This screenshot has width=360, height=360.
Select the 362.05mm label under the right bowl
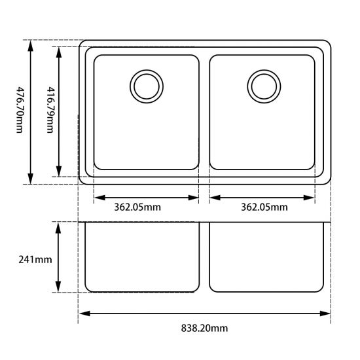point(264,208)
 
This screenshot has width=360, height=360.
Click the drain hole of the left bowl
point(145,85)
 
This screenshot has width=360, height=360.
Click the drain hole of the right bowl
point(264,85)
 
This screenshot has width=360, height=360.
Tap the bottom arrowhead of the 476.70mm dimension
point(30,180)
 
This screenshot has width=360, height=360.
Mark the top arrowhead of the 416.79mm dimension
point(59,51)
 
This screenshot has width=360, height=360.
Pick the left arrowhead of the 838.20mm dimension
point(83,314)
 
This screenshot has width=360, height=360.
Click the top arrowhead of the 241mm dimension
point(59,226)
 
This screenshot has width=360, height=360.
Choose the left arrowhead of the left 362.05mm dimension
point(98,196)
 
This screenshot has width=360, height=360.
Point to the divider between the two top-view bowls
point(204,111)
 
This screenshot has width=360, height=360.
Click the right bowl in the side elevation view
point(268,257)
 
